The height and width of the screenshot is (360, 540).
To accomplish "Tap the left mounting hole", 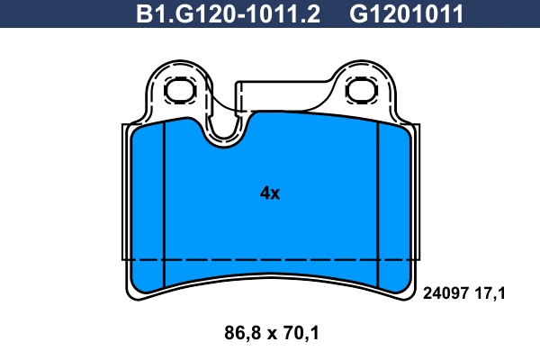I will (180, 89).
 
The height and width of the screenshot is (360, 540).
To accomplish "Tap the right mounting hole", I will (362, 89).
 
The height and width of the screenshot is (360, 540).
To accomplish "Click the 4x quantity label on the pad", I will (270, 193).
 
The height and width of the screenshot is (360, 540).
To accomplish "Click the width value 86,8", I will (238, 334).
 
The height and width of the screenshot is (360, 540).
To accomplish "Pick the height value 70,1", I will (301, 334).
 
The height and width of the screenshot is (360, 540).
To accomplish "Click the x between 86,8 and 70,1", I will (270, 335).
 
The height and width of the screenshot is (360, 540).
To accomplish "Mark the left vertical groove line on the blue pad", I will (166, 198).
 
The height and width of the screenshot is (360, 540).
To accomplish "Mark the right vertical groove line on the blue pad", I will (377, 198).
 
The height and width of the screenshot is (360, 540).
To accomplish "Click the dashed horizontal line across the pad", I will (270, 259).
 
